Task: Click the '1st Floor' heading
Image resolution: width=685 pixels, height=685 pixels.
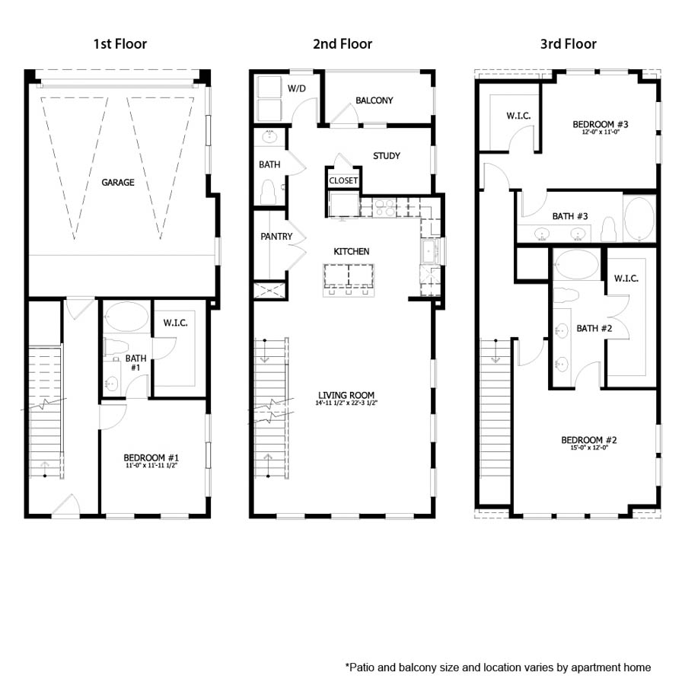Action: pos(119,43)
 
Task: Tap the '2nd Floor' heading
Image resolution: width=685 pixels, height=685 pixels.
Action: pos(342,43)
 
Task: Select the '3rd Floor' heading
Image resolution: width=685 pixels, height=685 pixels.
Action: pos(568,43)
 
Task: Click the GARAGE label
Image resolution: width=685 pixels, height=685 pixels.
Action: pos(118,183)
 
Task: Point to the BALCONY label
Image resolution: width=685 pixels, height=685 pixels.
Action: pos(374,100)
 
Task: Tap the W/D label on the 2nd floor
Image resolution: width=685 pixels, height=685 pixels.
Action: pos(296,88)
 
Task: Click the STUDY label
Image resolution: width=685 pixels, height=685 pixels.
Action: pos(386,156)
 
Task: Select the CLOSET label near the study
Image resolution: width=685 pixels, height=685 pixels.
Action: pos(343,181)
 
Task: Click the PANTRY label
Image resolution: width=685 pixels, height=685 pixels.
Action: pos(276,237)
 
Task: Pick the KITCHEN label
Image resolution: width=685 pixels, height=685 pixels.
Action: pos(351,251)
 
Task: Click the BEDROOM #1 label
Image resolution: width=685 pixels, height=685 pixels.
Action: pos(151,457)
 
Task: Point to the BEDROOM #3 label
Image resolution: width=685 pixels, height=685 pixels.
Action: pos(600,123)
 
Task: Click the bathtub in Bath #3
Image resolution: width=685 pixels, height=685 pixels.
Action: pos(639,218)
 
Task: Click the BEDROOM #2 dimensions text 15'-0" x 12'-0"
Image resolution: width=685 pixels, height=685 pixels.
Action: pos(588,449)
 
